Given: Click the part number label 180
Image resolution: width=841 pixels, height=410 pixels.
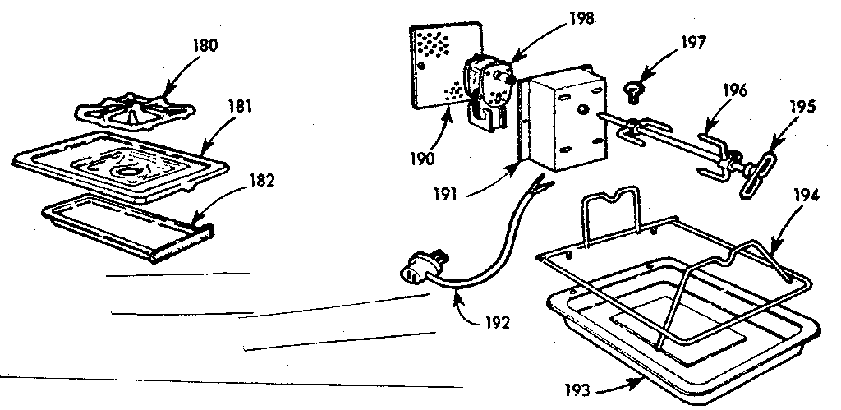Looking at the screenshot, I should click(x=206, y=46).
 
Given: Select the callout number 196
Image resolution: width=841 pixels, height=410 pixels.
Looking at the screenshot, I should click(x=735, y=91).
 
